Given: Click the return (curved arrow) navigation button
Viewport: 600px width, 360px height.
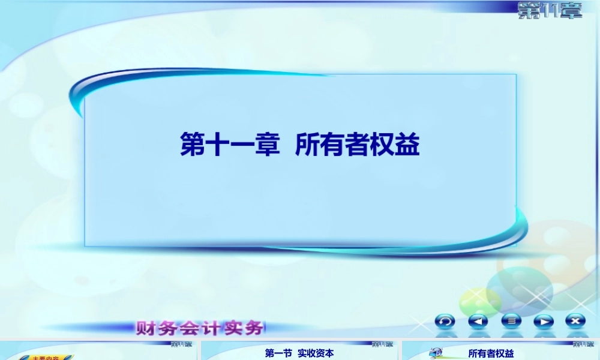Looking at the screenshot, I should tap(445, 321).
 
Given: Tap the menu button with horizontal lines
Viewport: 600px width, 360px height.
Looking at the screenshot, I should tap(511, 321).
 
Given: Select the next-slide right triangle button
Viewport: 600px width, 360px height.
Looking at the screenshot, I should tap(544, 321).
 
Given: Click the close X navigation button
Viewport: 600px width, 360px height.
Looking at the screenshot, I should tap(576, 321).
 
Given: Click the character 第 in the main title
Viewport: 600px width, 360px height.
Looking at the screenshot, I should tap(193, 145).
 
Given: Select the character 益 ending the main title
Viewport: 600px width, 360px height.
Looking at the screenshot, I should tap(407, 145).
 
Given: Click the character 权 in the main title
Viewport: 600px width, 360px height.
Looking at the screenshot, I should tap(383, 145).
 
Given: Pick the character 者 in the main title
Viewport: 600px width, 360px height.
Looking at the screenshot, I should tap(358, 145).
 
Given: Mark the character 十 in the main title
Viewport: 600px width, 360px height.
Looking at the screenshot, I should tap(218, 145).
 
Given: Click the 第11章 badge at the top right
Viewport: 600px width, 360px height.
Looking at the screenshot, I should tap(550, 10).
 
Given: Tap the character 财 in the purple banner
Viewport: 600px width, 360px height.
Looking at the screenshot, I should tap(146, 328).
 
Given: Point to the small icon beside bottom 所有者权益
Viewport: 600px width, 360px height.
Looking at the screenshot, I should tap(436, 353).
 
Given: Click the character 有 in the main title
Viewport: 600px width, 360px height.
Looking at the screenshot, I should tap(333, 145).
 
